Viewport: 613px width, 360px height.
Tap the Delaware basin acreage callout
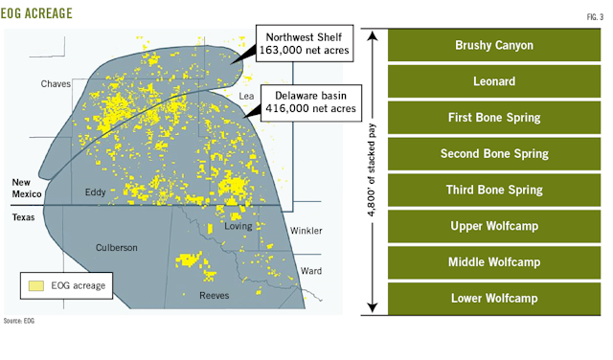(x=315, y=103)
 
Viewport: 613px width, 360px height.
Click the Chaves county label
(x=57, y=84)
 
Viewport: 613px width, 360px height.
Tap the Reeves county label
(x=214, y=295)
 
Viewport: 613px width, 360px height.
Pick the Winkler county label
(x=306, y=231)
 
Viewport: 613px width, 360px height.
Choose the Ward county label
(x=311, y=271)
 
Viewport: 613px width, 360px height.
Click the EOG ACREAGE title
(x=42, y=15)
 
